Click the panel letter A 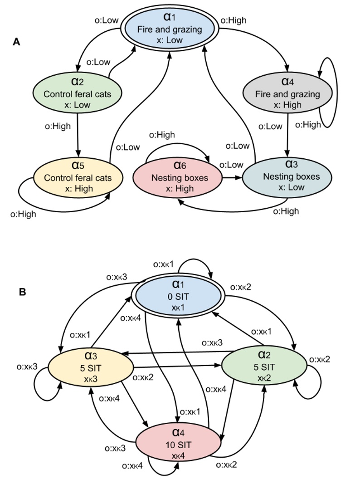coord(16,42)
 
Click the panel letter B coord(22,292)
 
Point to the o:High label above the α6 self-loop coord(162,135)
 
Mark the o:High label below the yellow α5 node coord(23,214)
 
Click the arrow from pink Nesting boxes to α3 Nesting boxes coord(231,178)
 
